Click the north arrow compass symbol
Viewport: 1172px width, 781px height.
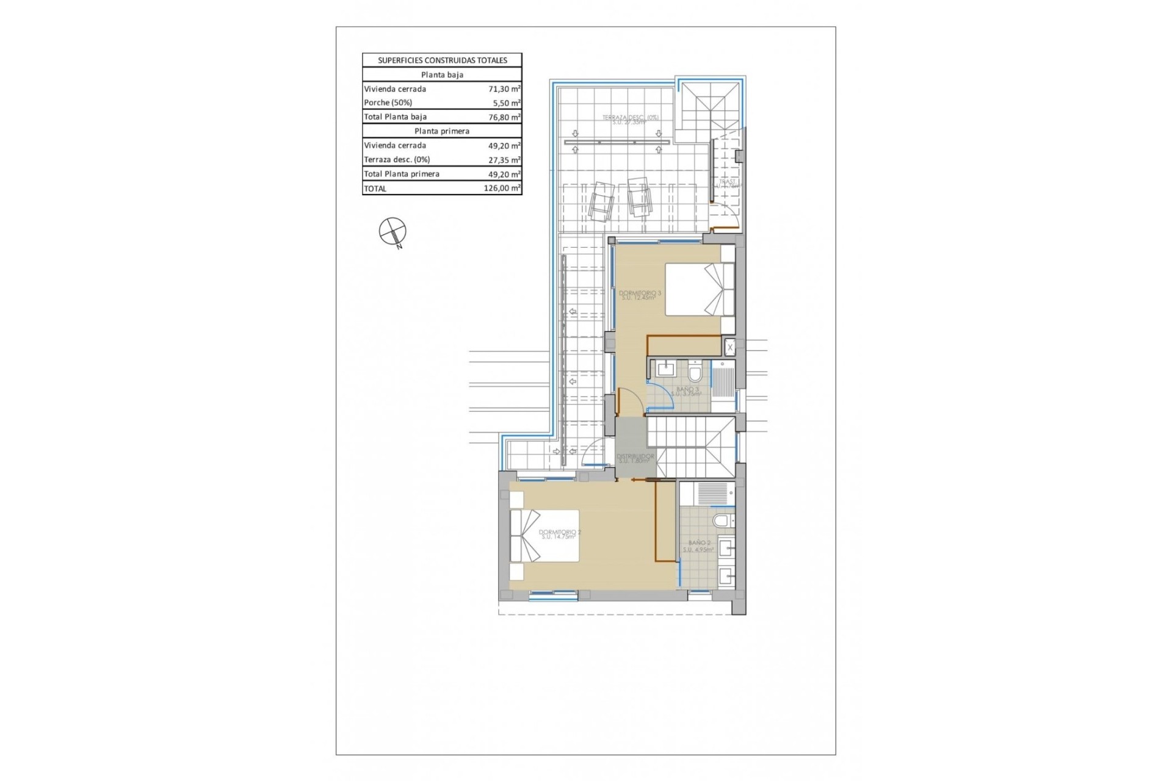click(392, 231)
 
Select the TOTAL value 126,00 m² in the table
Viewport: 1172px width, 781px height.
click(502, 189)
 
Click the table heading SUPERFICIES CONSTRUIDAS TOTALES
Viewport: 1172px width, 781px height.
click(442, 60)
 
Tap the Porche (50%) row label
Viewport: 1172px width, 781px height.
click(388, 103)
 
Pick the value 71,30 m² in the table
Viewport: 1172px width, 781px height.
click(504, 89)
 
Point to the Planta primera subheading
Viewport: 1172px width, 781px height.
click(442, 131)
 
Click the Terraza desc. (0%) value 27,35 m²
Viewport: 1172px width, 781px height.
click(504, 160)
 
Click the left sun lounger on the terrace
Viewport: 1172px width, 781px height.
click(601, 200)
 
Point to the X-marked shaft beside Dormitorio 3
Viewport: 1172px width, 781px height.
click(729, 347)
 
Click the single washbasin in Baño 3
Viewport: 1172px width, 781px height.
click(665, 369)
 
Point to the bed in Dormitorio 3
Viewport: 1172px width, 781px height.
click(699, 289)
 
